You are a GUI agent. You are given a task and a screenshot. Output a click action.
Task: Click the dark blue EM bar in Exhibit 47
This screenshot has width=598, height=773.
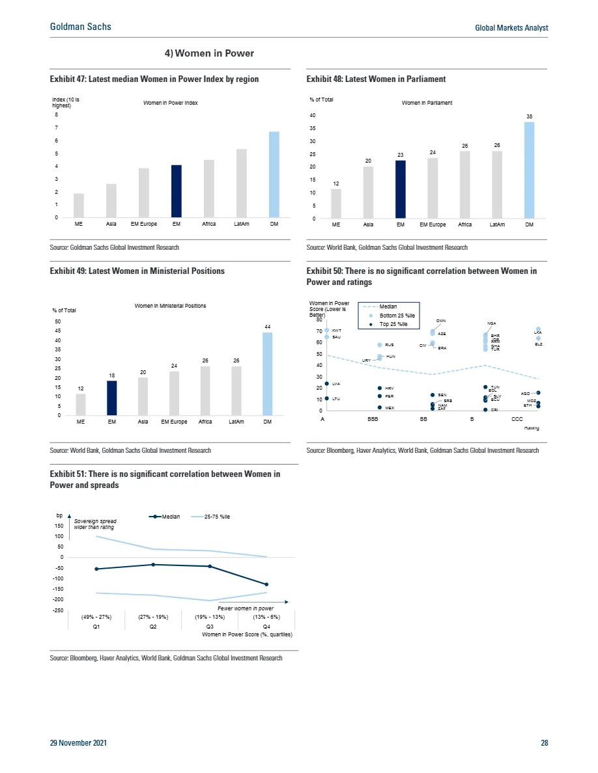coord(177,191)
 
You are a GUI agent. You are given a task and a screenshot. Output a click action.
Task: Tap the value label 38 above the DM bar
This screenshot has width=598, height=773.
coord(530,116)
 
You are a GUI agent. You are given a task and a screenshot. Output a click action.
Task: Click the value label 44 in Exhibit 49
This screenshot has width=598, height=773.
coord(267,326)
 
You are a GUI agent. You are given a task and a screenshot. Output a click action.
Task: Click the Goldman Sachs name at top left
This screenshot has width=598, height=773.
coord(81,27)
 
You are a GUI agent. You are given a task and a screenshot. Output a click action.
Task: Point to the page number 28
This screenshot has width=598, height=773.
coord(544,742)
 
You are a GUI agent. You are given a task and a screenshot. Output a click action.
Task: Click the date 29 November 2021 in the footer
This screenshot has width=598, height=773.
coord(79,742)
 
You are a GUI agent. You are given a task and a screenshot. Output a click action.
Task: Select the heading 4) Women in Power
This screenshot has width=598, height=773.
coord(208,53)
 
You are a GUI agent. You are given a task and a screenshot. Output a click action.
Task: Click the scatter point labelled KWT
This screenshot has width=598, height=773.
coord(327,331)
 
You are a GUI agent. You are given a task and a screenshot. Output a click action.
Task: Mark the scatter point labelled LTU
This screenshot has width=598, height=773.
coord(327,398)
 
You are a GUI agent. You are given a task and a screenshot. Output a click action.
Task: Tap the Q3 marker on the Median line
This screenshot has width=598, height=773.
coord(210,566)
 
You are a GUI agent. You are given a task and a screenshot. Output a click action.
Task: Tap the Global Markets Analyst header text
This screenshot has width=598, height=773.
coord(511,28)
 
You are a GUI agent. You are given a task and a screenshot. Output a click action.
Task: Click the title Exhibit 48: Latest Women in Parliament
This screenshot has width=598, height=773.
coord(376,79)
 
